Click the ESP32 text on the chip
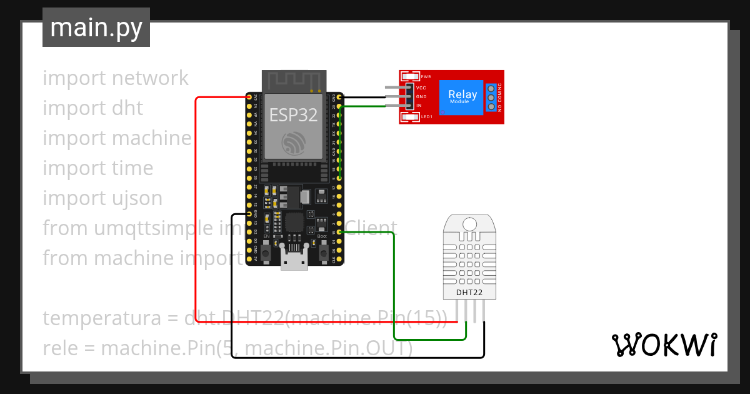pos(293,114)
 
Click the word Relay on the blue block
pos(462,94)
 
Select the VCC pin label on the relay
pos(421,88)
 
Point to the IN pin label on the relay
pos(419,106)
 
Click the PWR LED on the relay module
pos(412,76)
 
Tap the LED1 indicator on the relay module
pos(412,117)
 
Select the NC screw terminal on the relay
pos(491,88)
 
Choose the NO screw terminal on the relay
pos(491,107)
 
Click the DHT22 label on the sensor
pos(469,292)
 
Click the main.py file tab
pos(96,28)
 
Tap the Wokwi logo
pos(664,345)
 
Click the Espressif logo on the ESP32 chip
pos(293,143)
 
